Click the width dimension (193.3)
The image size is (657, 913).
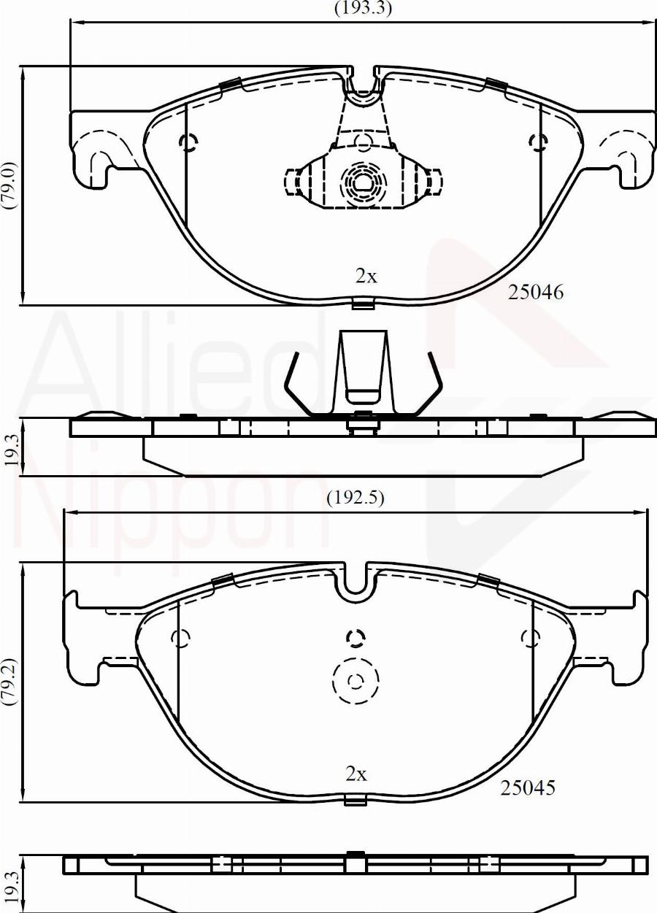click(363, 9)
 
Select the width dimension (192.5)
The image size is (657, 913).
click(355, 498)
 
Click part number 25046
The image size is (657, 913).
click(536, 293)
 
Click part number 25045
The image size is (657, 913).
click(528, 787)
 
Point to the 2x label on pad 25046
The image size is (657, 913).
click(365, 277)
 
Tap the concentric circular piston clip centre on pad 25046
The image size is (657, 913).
click(362, 179)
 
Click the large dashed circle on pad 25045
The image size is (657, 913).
click(356, 682)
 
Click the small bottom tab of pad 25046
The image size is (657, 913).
click(363, 303)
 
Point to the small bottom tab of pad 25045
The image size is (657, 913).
click(356, 801)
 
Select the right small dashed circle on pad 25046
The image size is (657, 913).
click(539, 142)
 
